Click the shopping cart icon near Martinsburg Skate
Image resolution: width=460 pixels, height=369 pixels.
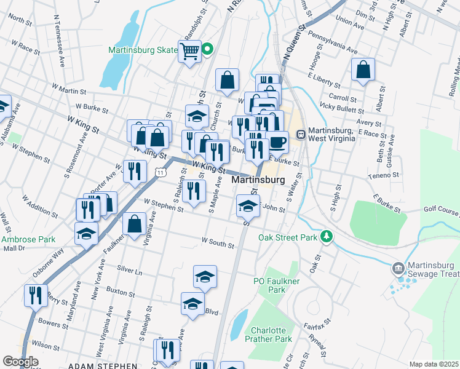[190, 50]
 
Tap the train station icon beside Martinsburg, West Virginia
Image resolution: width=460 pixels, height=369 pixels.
[301, 134]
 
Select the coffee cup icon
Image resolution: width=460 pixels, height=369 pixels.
[277, 142]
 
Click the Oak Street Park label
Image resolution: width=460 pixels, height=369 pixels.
[287, 237]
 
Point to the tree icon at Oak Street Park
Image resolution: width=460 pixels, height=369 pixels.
[327, 237]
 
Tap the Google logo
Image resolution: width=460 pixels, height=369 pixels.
[20, 362]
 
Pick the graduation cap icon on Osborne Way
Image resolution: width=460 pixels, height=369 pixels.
[86, 233]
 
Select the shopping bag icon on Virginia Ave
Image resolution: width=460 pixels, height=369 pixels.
[134, 224]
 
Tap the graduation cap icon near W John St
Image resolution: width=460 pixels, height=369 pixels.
[247, 206]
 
